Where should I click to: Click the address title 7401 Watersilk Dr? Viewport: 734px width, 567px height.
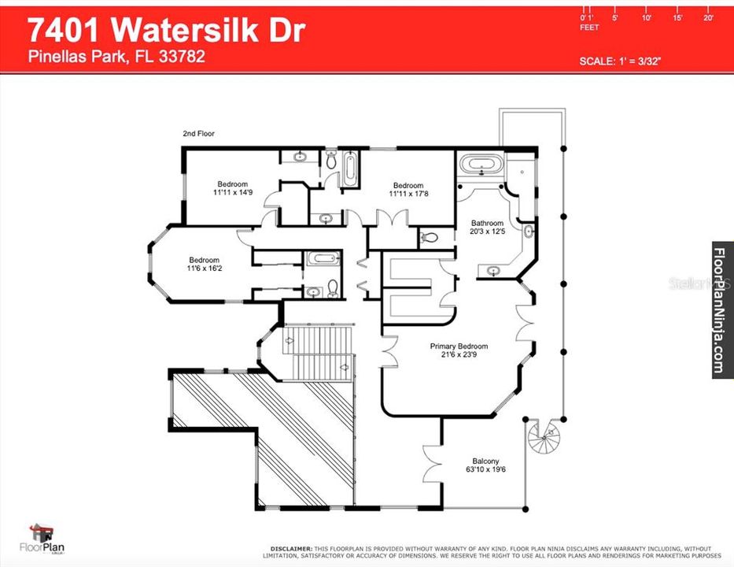tap(166, 30)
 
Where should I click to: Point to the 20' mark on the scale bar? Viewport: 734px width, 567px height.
tap(708, 17)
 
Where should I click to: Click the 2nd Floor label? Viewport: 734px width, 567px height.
tap(198, 134)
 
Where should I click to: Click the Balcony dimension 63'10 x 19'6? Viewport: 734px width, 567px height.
tap(485, 471)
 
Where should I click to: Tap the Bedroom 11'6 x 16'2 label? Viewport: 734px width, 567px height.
tap(203, 265)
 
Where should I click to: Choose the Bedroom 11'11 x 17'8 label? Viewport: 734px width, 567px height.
tap(408, 190)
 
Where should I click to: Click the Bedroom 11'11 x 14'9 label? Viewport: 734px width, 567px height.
tap(232, 188)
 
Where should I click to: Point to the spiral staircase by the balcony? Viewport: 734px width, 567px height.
tap(544, 436)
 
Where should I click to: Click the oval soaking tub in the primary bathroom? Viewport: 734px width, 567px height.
tap(480, 165)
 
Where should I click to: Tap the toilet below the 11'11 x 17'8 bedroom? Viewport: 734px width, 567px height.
tap(430, 237)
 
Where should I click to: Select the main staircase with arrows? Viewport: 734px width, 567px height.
tap(318, 352)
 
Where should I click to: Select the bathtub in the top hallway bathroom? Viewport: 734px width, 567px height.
tap(350, 169)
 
